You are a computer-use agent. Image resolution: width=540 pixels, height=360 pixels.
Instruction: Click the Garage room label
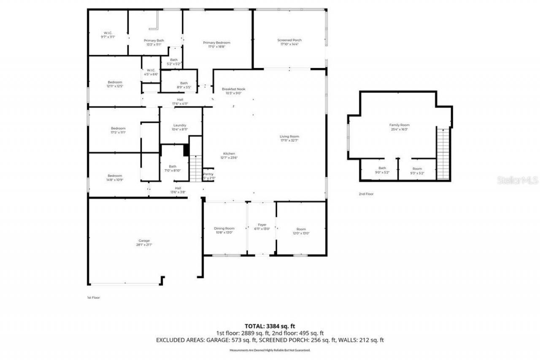(x=144, y=243)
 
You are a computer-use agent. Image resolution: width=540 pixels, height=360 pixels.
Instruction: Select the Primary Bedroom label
(x=216, y=45)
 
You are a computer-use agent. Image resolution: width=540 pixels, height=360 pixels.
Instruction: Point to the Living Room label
(x=289, y=138)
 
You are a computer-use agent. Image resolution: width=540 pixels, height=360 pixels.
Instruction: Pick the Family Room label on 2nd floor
(x=399, y=127)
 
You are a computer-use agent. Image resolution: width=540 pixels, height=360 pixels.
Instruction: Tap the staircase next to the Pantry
(x=196, y=168)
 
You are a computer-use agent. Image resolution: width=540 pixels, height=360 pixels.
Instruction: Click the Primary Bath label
(x=154, y=42)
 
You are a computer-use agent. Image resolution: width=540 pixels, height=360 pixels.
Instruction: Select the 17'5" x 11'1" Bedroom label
(x=118, y=130)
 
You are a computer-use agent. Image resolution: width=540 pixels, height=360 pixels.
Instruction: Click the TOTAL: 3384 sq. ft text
(x=270, y=326)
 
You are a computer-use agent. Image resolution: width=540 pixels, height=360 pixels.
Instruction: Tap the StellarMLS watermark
(x=518, y=181)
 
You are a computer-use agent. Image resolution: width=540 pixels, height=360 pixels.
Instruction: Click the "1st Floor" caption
(x=93, y=298)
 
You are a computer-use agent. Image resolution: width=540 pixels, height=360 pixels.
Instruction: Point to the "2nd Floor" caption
(x=366, y=194)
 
